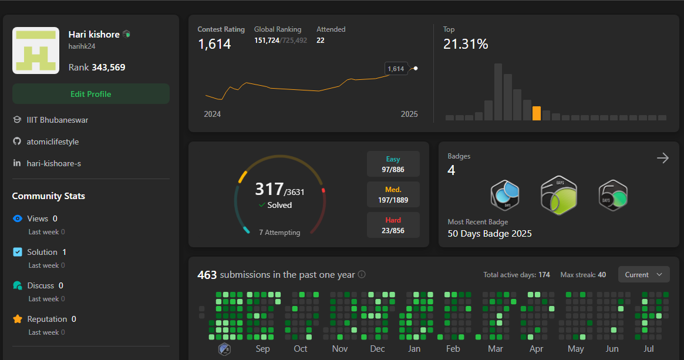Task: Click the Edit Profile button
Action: coord(91,94)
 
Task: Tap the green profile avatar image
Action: coord(36,51)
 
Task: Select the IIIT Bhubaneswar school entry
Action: coord(58,120)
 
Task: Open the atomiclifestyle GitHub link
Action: coord(53,142)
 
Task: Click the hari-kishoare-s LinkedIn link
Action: coord(54,163)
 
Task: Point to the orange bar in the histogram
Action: coord(536,113)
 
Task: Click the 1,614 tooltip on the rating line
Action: coord(396,69)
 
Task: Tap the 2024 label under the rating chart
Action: coord(213,114)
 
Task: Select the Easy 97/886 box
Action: coord(393,164)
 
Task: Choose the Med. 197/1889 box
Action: coord(393,195)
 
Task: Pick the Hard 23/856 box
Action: coord(393,226)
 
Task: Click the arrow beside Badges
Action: coord(663,158)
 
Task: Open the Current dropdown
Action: coord(643,275)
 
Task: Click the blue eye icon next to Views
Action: coord(18,219)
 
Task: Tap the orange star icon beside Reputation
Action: coord(18,319)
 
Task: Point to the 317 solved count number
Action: coord(268,189)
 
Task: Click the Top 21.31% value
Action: coord(466,44)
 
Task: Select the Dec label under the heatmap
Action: coord(378,349)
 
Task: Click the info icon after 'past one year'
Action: coord(362,274)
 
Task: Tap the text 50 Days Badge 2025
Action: coord(490,234)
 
